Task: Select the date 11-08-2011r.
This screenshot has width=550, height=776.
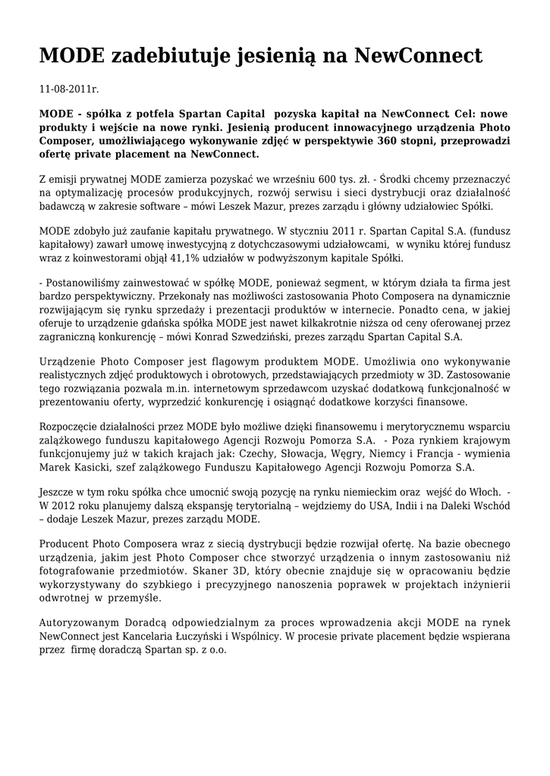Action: pos(69,89)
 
